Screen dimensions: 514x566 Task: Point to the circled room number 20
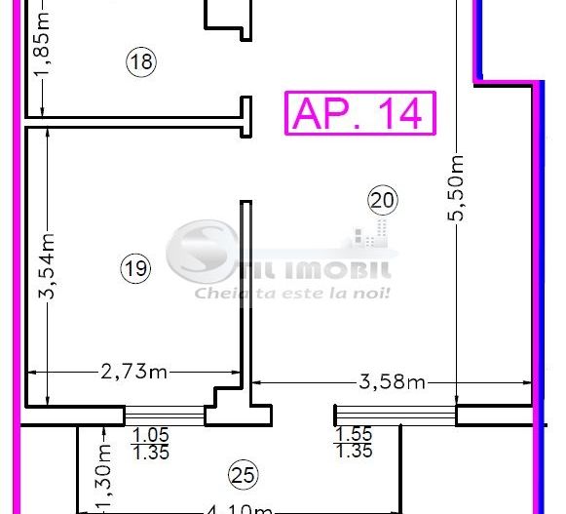(x=382, y=201)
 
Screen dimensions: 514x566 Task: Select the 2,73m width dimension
(x=133, y=371)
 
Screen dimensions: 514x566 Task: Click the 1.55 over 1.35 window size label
(x=353, y=443)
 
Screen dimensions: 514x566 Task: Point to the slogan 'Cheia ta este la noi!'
(x=292, y=292)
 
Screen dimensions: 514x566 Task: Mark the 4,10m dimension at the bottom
(x=240, y=508)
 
